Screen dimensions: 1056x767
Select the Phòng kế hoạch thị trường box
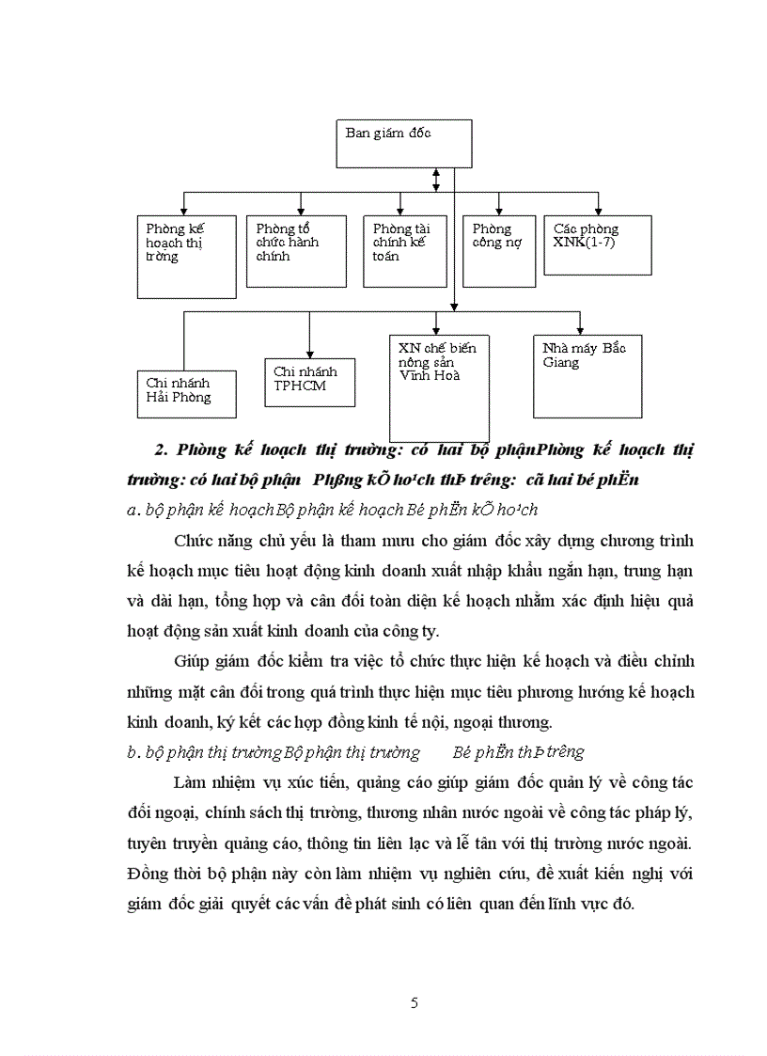click(185, 257)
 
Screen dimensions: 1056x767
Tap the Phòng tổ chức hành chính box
click(295, 251)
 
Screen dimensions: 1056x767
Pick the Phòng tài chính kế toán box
click(404, 251)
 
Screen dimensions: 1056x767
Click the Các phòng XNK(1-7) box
click(597, 245)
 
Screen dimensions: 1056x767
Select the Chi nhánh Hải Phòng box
click(185, 391)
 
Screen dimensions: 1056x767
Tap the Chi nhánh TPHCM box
click(308, 381)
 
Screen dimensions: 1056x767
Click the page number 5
click(415, 1002)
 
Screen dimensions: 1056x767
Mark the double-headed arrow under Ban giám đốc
click(436, 179)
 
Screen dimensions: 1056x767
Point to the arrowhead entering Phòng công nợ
click(498, 211)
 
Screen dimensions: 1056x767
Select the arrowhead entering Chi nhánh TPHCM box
click(308, 350)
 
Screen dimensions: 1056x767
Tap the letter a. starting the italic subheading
click(131, 511)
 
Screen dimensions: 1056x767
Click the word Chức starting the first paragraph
click(193, 541)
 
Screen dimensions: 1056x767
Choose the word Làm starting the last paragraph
click(190, 782)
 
